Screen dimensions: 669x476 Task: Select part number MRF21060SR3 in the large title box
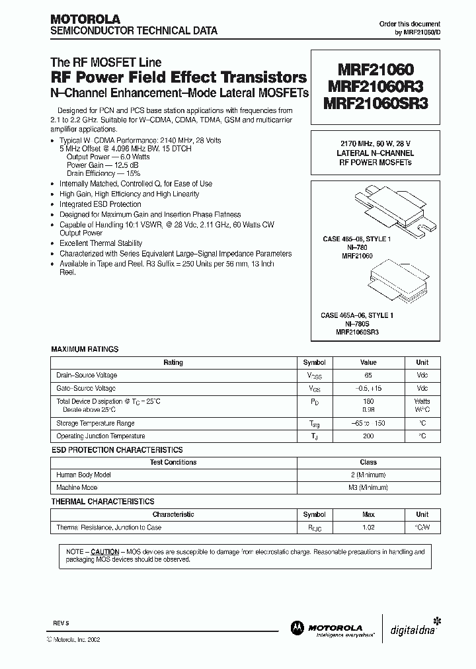(x=376, y=104)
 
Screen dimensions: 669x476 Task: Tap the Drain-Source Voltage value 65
(x=368, y=375)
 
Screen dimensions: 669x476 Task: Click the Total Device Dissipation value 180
(x=368, y=401)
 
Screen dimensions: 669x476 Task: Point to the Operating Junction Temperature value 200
(x=368, y=436)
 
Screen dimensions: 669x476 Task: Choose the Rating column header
(x=173, y=362)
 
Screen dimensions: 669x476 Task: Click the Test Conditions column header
(x=173, y=463)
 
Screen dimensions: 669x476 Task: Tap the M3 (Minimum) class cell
(x=368, y=488)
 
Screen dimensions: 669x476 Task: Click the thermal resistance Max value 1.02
(x=368, y=528)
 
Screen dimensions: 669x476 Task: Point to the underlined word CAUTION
(x=104, y=551)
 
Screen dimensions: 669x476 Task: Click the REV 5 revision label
(x=61, y=624)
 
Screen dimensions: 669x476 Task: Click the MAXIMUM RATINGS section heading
(x=85, y=349)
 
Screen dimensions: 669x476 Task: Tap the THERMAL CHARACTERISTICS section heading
(x=102, y=502)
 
